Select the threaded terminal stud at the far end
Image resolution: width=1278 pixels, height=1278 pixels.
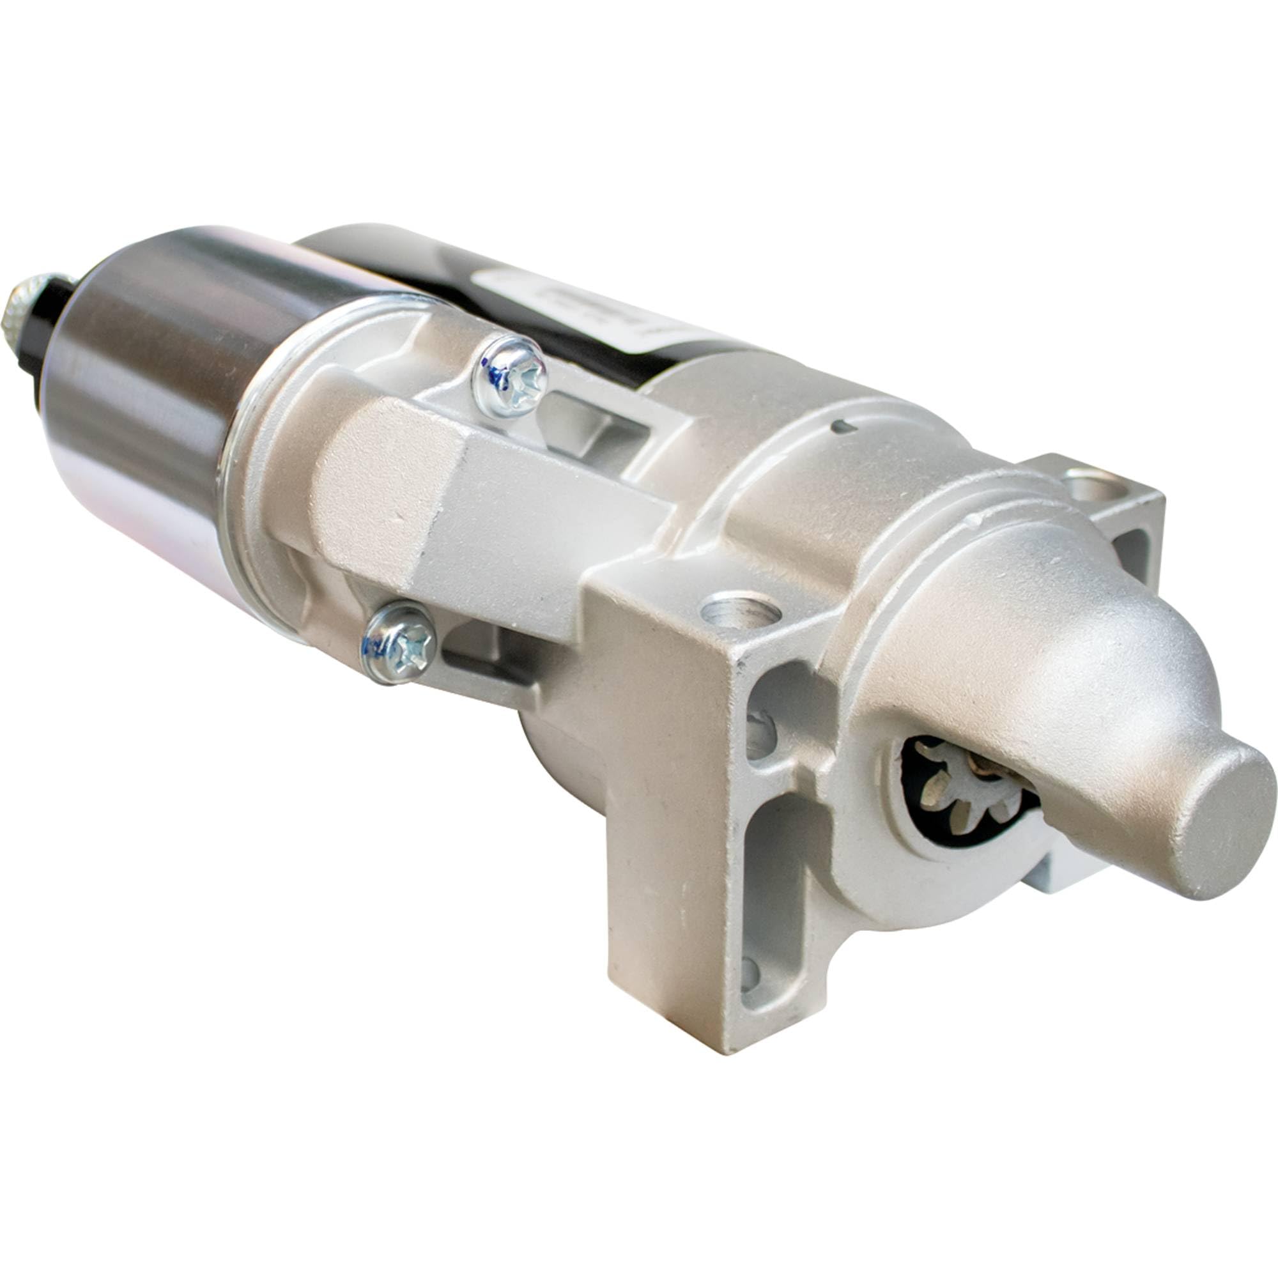point(27,307)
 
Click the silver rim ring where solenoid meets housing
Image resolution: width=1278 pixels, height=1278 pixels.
point(245,476)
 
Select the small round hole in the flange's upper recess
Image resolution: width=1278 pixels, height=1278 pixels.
point(760,734)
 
